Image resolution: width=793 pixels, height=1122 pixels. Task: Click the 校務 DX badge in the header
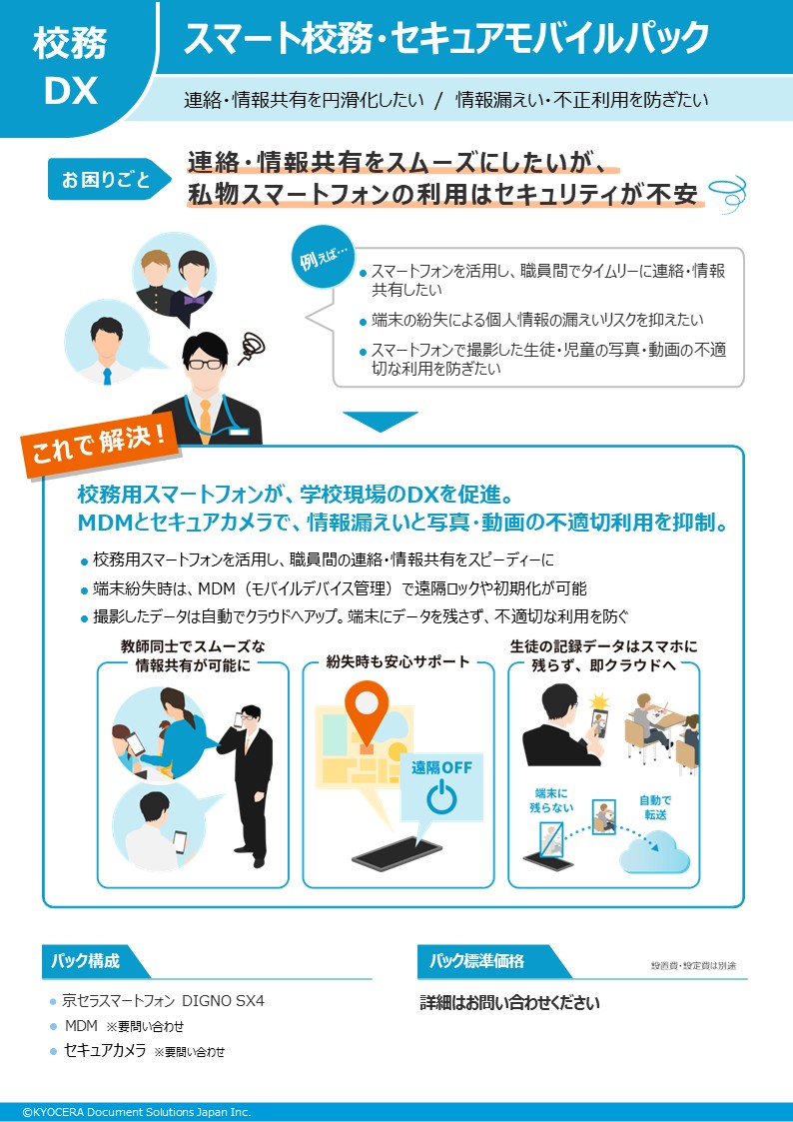click(70, 68)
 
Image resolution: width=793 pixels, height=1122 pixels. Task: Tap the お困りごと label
click(107, 179)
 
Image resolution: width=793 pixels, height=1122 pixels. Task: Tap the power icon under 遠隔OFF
click(441, 798)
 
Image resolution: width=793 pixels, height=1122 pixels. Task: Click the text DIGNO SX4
click(223, 1000)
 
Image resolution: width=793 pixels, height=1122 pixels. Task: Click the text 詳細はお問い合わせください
click(509, 1003)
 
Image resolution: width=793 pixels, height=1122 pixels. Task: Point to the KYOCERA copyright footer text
click(136, 1112)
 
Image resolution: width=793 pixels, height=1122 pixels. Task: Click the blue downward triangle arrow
click(381, 422)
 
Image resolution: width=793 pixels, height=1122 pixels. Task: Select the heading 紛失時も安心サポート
click(398, 661)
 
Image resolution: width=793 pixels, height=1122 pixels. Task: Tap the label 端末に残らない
click(552, 800)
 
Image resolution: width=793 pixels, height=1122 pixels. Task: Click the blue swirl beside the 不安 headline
click(729, 192)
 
